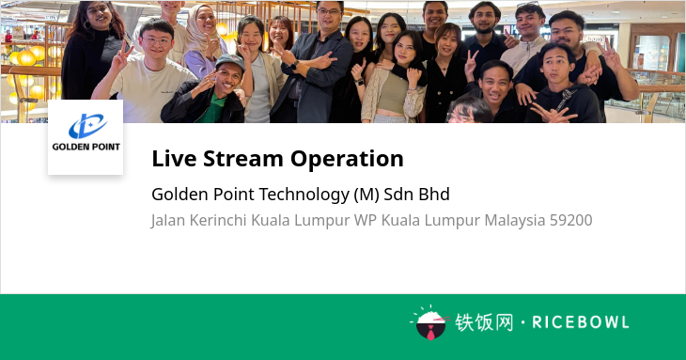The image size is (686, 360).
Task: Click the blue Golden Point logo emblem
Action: click(x=87, y=126)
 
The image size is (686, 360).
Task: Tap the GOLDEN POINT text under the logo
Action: click(x=86, y=147)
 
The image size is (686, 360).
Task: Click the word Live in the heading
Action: click(x=174, y=158)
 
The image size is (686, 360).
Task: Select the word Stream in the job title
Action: click(x=242, y=158)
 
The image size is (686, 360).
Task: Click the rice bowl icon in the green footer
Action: click(x=430, y=323)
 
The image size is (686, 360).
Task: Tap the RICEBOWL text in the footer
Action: click(x=581, y=322)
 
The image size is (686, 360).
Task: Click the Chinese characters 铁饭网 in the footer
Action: click(x=484, y=322)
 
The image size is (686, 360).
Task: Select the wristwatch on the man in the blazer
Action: click(x=295, y=65)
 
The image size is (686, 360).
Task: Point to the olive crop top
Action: click(x=394, y=93)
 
